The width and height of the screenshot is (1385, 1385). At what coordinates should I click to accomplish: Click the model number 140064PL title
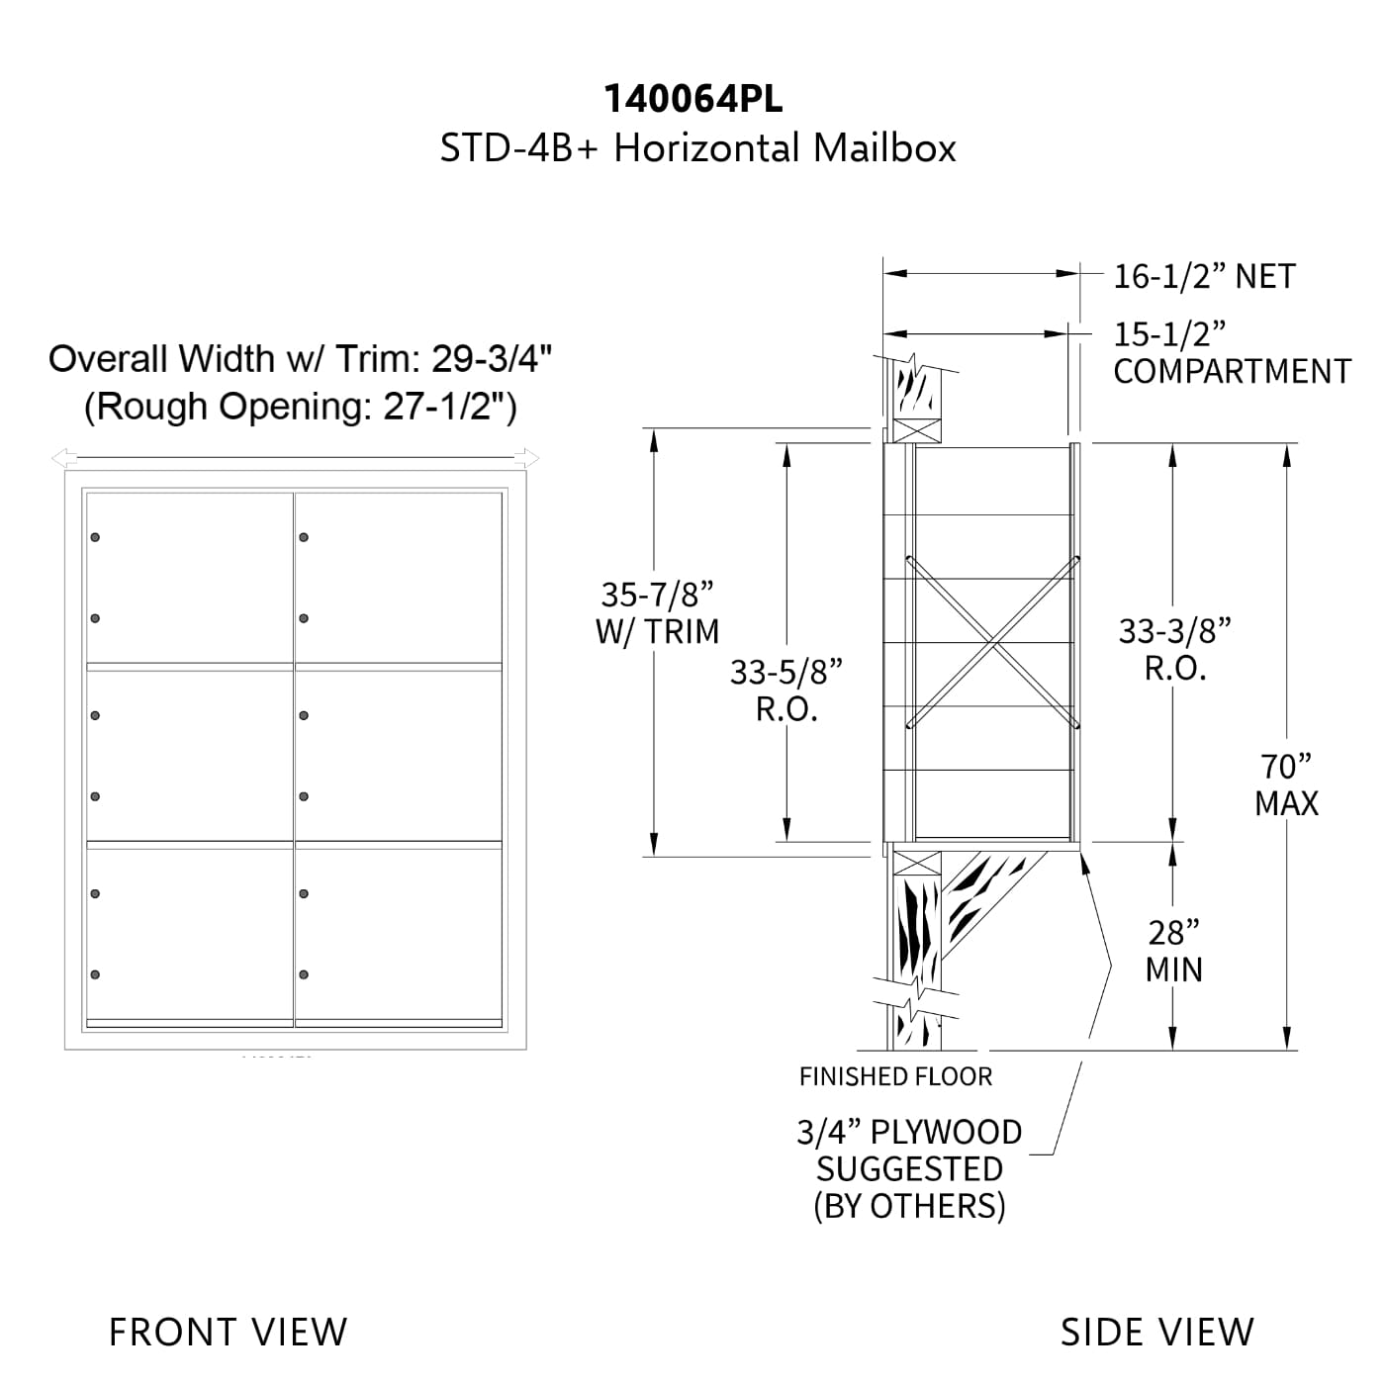click(x=692, y=99)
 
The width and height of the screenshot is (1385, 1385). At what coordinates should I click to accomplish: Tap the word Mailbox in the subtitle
click(x=884, y=148)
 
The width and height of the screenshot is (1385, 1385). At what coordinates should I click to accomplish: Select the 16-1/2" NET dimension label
click(x=1204, y=276)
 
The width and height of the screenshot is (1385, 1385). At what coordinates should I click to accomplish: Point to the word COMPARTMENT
click(x=1232, y=371)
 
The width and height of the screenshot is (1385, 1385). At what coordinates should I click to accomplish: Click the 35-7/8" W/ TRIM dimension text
click(x=657, y=613)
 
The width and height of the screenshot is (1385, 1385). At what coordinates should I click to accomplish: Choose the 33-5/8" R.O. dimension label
click(x=786, y=691)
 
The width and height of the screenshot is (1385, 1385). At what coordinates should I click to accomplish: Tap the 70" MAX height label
click(x=1286, y=785)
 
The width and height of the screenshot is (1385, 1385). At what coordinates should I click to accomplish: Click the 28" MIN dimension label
click(x=1173, y=951)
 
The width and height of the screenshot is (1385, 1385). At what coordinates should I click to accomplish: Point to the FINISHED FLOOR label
click(x=895, y=1076)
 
